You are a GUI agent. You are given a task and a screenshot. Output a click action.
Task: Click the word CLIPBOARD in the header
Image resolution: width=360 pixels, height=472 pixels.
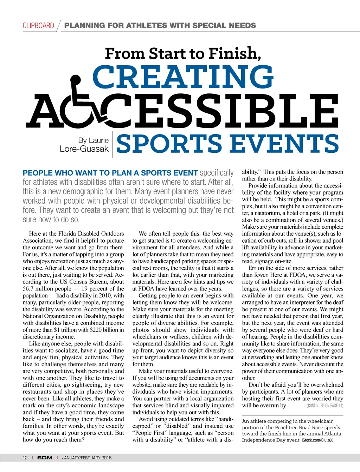tap(38, 26)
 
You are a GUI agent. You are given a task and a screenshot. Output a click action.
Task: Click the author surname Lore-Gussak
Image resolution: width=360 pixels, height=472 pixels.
tap(84, 149)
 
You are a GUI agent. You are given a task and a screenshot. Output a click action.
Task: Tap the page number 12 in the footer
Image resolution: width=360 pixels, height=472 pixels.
tap(25, 458)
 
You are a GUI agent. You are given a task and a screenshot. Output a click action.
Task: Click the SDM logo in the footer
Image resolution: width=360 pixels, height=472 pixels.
tap(45, 458)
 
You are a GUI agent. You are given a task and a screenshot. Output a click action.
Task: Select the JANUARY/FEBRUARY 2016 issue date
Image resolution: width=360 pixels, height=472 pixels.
tap(87, 458)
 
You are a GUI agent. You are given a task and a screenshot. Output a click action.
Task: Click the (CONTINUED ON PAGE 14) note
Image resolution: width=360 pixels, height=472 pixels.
tap(324, 406)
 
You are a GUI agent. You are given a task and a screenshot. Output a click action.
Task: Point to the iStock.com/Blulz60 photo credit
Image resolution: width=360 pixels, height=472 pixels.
tap(317, 440)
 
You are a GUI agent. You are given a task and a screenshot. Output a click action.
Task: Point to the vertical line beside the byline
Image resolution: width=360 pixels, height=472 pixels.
tap(112, 144)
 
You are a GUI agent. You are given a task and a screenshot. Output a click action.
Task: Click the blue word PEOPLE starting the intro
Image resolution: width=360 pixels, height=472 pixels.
tap(36, 173)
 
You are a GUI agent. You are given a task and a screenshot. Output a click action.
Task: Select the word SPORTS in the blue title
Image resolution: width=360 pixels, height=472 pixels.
tap(169, 144)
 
